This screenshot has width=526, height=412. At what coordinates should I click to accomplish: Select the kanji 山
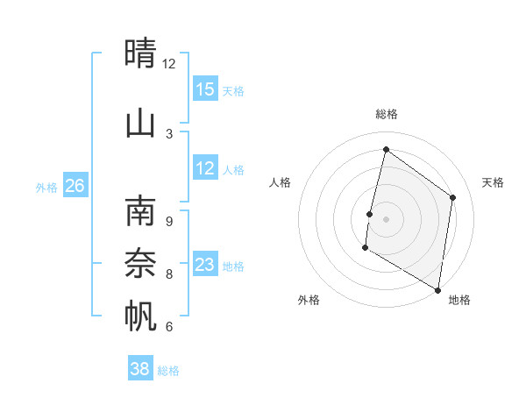tap(140, 123)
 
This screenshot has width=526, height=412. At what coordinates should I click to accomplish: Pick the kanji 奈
tap(140, 263)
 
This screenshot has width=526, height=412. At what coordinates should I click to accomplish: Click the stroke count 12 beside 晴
tap(168, 64)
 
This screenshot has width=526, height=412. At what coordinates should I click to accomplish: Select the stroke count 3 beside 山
tap(169, 134)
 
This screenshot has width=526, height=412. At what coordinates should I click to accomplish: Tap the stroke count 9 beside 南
tap(169, 222)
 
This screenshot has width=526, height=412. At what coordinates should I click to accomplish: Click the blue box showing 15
tap(205, 89)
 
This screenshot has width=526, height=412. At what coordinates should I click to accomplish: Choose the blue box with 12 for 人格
tap(205, 168)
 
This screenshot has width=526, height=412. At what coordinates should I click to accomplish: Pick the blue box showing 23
tap(205, 265)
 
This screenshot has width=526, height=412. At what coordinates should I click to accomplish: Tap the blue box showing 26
tap(75, 186)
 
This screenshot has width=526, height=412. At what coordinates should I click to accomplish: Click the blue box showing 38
tap(140, 369)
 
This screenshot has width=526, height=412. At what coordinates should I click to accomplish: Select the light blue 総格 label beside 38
tap(168, 371)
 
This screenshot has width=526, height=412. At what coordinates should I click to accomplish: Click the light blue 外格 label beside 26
tap(46, 187)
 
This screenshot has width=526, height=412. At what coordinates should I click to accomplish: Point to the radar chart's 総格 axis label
tap(386, 114)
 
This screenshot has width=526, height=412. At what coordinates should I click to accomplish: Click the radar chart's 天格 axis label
tap(493, 182)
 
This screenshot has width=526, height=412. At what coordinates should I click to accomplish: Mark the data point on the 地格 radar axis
tap(437, 289)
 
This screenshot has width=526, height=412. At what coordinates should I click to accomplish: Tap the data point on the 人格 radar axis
tap(370, 214)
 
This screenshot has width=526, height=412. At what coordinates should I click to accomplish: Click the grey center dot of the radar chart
tap(386, 218)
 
